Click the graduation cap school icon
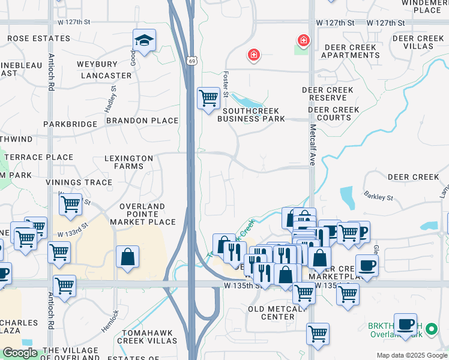coord(144,41)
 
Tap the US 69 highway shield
coord(191,61)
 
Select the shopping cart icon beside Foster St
coord(208,98)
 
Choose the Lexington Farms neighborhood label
coord(128,162)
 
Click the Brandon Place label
coord(142,121)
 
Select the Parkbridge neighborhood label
coord(70,124)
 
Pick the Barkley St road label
coord(378,196)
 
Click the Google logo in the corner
coord(20,353)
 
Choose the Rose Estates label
coord(38,38)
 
